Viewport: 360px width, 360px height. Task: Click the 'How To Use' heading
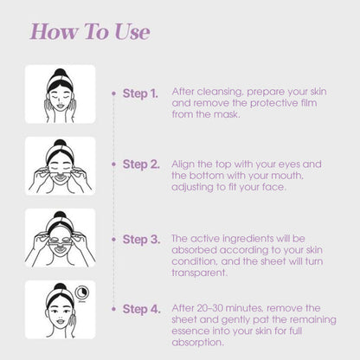point(90,31)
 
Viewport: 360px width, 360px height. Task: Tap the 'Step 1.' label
point(140,93)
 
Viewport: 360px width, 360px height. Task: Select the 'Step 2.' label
point(141,164)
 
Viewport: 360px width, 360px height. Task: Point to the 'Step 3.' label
point(141,240)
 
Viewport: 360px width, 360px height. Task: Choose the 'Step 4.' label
point(141,309)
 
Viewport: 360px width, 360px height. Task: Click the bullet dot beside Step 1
point(114,93)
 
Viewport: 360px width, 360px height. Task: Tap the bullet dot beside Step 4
point(114,309)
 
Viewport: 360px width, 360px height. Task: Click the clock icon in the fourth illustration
point(82,292)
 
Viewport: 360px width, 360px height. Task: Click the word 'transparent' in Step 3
point(199,273)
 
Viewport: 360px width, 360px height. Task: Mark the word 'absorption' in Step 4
point(197,343)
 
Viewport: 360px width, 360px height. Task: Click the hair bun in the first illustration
point(60,73)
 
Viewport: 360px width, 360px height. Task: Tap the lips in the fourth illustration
point(61,321)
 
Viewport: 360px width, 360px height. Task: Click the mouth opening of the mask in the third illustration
point(60,249)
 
